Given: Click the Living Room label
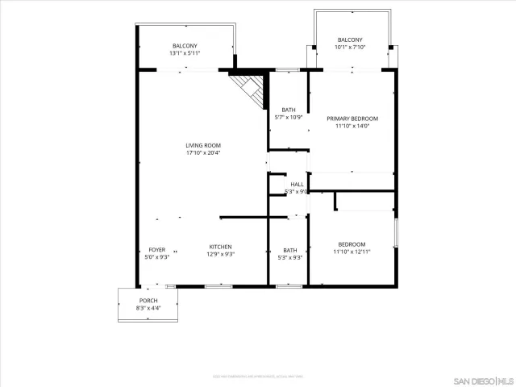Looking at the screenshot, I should [x=203, y=145].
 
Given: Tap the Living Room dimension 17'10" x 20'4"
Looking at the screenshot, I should [x=203, y=152].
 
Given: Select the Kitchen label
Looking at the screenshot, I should [x=221, y=247].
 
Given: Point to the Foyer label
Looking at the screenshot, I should [x=156, y=249].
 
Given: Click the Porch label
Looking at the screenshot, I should [x=149, y=300].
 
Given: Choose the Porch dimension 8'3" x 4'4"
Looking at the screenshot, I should [x=149, y=308].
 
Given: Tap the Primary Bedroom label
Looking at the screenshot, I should [x=352, y=119].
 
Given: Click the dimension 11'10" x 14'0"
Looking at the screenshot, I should [x=352, y=126].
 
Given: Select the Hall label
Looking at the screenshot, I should [x=298, y=185].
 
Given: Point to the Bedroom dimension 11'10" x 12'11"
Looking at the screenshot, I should [x=352, y=252].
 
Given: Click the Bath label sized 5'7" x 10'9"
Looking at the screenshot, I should [x=289, y=110].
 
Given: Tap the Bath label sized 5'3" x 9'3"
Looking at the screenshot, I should [x=289, y=250].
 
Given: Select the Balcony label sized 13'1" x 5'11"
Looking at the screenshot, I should [x=185, y=46].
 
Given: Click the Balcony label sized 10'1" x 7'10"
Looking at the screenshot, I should [x=350, y=40].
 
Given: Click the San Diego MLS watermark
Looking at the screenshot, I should [x=481, y=380].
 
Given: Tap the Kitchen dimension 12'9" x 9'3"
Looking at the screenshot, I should [x=221, y=255].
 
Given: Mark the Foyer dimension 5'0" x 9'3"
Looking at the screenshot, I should [x=156, y=257].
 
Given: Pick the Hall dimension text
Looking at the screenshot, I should [x=299, y=192].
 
